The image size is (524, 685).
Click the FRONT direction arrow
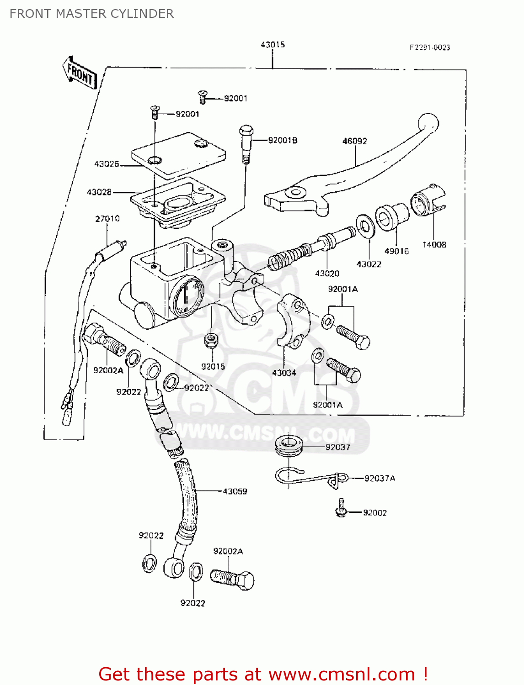[x=80, y=73]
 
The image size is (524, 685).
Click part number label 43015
[x=273, y=45]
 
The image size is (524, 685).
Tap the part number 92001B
[x=283, y=140]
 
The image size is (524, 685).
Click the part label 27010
[x=107, y=219]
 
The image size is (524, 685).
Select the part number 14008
[x=434, y=245]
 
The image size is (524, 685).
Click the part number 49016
[x=396, y=251]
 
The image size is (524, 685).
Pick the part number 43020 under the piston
[x=327, y=274]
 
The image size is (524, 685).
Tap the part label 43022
[x=369, y=264]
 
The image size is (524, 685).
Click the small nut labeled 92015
[x=211, y=340]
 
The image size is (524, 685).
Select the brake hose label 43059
[x=235, y=491]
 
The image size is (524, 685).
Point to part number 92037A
[x=380, y=478]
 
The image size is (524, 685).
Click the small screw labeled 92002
[x=341, y=509]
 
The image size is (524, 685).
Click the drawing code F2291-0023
[x=429, y=47]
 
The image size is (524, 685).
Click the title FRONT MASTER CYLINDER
[x=91, y=14]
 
